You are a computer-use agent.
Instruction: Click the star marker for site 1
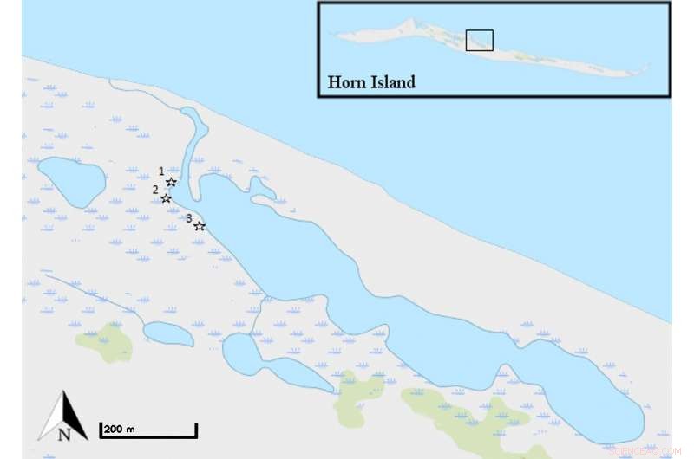coord(171,182)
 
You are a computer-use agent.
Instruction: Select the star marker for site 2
coord(166,198)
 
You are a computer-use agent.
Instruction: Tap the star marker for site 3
coord(199,226)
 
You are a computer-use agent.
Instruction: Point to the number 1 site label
coord(161,171)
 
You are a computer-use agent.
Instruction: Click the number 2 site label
coord(155,189)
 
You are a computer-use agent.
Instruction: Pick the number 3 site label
coord(189,217)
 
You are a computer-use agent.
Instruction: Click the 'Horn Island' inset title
coord(370,83)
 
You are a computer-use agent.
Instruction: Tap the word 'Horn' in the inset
coord(346,83)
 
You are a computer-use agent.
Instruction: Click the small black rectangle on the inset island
coord(479,41)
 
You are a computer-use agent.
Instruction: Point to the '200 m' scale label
coord(118,429)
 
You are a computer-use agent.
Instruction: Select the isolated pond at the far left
coord(70,181)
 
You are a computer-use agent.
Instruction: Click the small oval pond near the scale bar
coord(167,333)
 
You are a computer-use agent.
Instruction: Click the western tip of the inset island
coord(337,36)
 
